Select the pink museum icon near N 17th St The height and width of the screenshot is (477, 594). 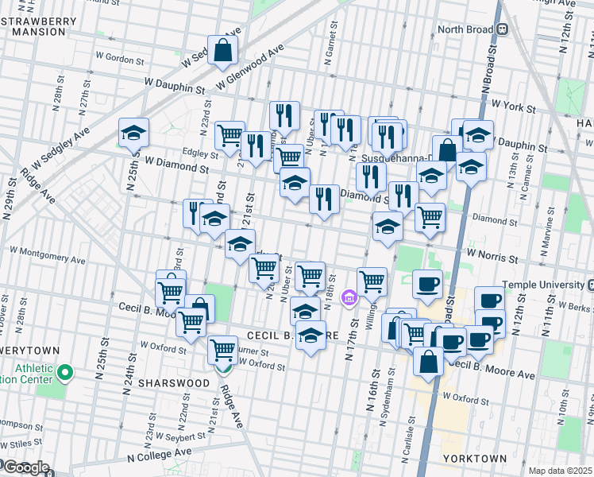coord(348,299)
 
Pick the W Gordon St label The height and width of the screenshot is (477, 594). coord(119,60)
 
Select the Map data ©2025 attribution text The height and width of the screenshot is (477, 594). coord(560,471)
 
